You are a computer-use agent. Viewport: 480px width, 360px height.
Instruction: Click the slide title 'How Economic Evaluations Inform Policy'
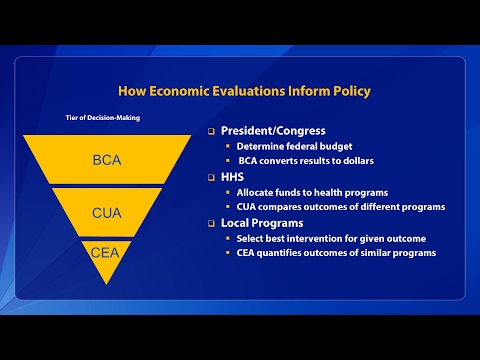244,91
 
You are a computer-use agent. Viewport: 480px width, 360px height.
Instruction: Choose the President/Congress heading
274,130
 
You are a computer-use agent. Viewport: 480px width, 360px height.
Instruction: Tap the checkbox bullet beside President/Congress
211,131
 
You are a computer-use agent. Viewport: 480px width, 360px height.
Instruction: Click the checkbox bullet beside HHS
211,177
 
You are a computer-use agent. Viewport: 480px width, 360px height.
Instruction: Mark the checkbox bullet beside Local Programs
211,223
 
